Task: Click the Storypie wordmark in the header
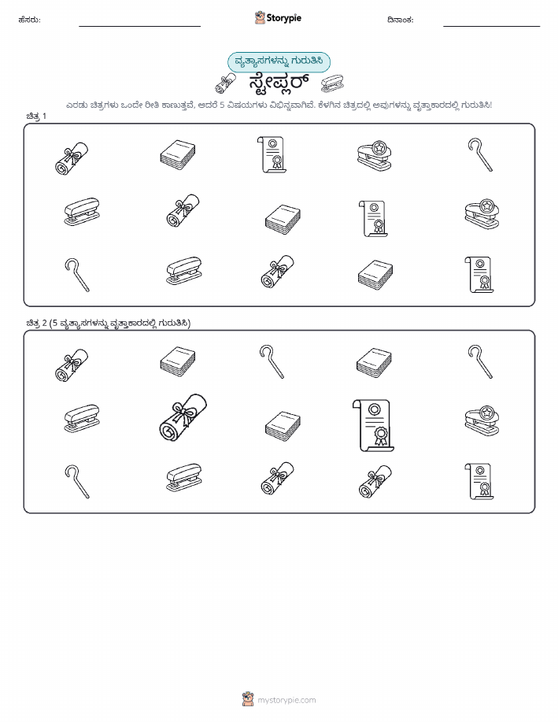coord(284,18)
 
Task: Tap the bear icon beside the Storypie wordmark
coord(261,17)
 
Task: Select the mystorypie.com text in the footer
coord(286,701)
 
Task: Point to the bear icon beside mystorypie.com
coord(248,699)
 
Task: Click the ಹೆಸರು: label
coord(29,20)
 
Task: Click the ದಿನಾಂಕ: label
coord(400,20)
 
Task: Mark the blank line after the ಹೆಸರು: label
coord(139,26)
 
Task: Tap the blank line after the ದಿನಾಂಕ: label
coord(491,26)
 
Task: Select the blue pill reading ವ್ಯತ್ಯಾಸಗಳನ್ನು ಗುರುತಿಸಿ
coord(279,61)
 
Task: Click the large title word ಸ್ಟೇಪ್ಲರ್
coord(279,83)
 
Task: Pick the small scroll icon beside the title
coord(226,83)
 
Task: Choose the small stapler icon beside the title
coord(332,83)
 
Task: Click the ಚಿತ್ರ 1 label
coord(36,116)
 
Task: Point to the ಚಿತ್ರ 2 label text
coord(36,323)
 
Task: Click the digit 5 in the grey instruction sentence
coord(221,105)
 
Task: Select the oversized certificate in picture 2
coord(373,425)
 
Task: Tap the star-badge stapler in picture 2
coord(482,420)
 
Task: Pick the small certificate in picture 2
coord(479,481)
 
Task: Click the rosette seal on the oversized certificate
coord(381,435)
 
